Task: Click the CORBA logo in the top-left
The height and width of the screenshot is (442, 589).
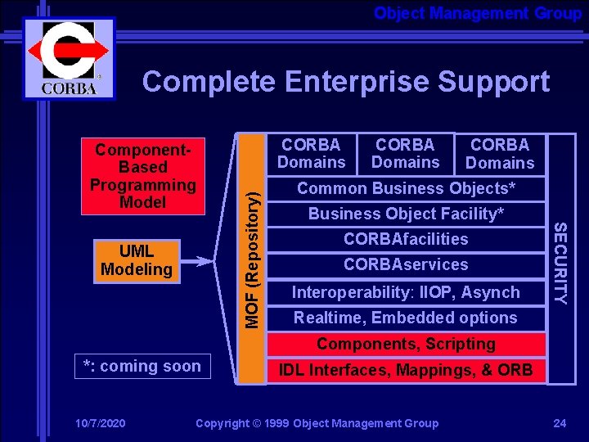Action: point(69,57)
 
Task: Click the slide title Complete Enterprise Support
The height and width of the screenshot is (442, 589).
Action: point(345,82)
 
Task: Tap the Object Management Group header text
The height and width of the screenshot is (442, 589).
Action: point(477,13)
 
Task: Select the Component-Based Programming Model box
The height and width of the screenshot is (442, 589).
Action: point(143,176)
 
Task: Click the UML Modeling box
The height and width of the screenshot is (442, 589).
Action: point(136,260)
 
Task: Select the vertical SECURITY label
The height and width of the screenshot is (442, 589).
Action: point(560,258)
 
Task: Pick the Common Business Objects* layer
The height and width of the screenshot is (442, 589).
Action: point(406,188)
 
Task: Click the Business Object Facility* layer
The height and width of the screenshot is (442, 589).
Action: point(406,214)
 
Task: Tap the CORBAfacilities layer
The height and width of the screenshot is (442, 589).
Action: point(406,239)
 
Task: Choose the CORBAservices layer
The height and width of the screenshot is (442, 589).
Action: point(406,264)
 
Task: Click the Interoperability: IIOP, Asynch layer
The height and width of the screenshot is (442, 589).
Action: point(406,292)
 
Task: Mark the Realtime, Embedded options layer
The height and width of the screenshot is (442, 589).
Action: point(406,318)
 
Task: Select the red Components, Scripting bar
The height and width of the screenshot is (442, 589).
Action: point(406,344)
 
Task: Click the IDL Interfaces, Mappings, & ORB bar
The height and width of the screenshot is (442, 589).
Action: point(406,370)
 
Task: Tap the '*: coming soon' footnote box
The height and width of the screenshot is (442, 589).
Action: point(142,367)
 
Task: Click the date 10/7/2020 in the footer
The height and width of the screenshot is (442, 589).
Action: point(100,423)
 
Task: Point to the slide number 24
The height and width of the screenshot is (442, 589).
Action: point(560,423)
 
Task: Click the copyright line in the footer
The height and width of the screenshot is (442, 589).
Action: point(317,423)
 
